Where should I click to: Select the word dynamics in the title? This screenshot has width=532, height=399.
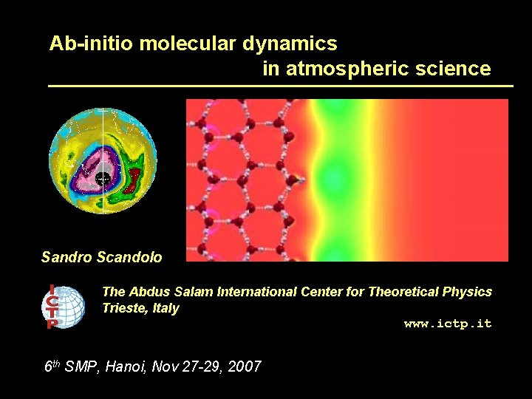(x=290, y=44)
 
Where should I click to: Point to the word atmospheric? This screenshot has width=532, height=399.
(x=346, y=69)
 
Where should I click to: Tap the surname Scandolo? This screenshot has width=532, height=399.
(x=129, y=258)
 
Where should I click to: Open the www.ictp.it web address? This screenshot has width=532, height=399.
(x=447, y=324)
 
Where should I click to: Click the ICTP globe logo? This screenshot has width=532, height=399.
(x=63, y=306)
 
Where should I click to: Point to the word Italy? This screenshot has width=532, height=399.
(x=166, y=308)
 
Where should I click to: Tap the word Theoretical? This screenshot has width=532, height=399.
(x=403, y=292)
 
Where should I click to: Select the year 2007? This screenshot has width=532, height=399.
(x=245, y=366)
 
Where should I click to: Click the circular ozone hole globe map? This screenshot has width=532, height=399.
(x=103, y=161)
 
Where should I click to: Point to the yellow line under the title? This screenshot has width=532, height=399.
(x=280, y=86)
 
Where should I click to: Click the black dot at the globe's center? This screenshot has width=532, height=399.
(x=103, y=179)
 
